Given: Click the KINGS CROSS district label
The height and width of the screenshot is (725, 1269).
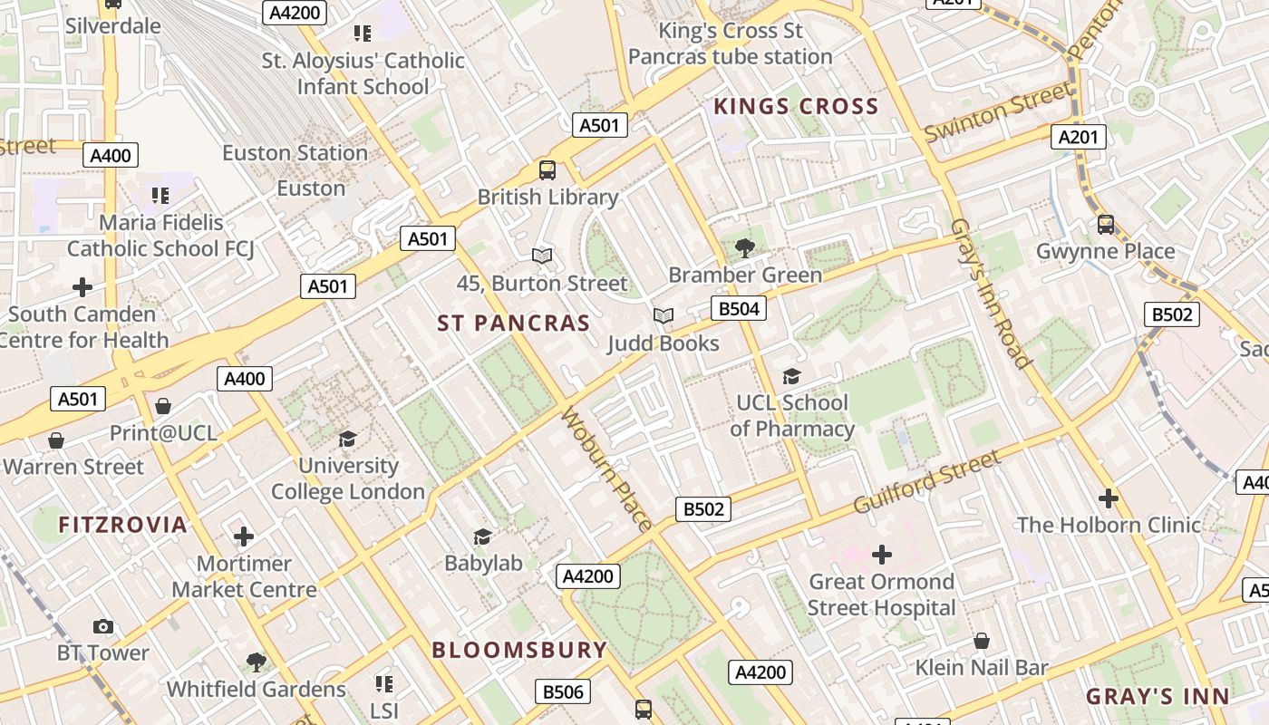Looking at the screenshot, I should click(796, 107).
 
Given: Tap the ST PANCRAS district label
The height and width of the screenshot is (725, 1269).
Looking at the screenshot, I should click(513, 324).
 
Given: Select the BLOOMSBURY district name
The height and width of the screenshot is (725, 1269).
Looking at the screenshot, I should click(519, 650).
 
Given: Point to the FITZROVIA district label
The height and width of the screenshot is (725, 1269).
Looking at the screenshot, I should click(122, 525).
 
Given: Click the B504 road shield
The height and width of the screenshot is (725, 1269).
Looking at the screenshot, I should click(738, 308).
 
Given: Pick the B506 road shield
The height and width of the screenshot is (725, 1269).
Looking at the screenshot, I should click(562, 692).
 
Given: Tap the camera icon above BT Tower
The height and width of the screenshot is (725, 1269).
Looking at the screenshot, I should click(103, 626).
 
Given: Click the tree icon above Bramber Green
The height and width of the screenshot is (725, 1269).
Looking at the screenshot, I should click(744, 247).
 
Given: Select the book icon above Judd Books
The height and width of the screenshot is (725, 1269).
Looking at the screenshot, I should click(664, 315).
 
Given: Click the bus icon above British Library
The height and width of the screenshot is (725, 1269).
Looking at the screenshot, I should click(547, 169).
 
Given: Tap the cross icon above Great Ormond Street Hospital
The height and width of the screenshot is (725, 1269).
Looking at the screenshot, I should click(881, 554).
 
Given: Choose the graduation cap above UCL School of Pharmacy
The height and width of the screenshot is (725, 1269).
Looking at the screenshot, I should click(791, 376).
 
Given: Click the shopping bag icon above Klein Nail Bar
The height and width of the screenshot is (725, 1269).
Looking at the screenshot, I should click(981, 641).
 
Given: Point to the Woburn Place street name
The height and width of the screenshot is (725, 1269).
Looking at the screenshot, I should click(606, 469).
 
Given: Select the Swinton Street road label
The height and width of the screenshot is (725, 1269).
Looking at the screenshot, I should click(997, 112).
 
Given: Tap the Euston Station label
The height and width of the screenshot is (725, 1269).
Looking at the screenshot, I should click(295, 152).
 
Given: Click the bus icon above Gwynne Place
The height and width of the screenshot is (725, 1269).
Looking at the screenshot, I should click(1105, 224).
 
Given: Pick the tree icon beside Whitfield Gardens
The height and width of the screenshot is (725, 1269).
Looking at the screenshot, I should click(257, 662).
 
